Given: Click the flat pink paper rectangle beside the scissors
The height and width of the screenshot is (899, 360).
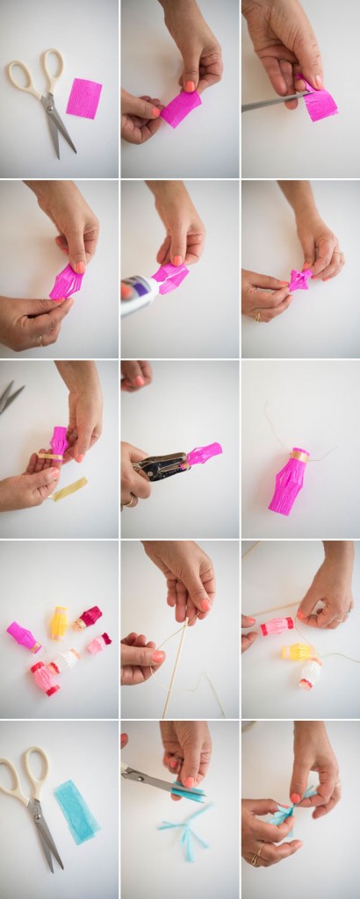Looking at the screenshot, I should coord(84,97).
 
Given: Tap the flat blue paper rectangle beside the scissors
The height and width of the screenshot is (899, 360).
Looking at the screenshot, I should coord(77,811).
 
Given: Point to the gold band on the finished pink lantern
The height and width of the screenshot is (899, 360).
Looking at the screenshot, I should coord(299,457).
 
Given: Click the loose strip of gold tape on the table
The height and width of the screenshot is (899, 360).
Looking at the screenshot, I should coord(69,489).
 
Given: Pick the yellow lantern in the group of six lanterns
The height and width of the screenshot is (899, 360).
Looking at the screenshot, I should coord(59,622).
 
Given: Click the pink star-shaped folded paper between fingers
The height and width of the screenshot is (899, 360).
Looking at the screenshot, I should coord(300,280).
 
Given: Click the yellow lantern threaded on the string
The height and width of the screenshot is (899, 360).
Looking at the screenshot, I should coord(299,651).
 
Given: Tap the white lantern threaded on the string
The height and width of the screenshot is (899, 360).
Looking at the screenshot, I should coord(310,673).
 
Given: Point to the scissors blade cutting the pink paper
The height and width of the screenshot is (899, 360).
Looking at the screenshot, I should coord(268,103).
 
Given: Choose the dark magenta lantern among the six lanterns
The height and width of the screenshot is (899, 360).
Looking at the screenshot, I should coord(88,618).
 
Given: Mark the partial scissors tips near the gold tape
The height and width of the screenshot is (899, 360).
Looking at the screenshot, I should coord(10,396).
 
